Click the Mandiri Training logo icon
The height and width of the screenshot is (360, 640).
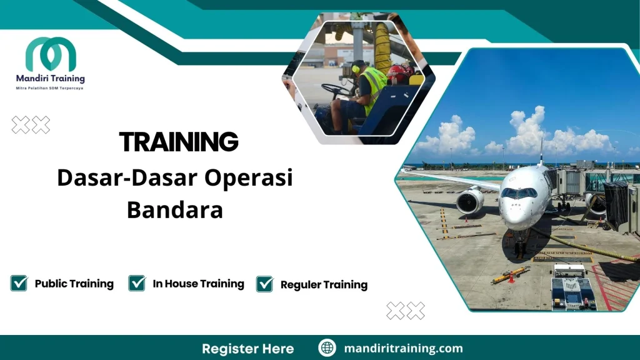51,55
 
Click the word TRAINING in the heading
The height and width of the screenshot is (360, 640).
179,142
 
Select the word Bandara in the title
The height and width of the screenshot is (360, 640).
175,210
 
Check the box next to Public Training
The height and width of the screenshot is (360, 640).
19,283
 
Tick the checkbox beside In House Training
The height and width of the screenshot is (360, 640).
137,283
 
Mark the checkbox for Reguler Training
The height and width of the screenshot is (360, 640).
265,284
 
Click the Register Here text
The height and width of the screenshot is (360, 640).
247,348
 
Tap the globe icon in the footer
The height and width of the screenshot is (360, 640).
327,348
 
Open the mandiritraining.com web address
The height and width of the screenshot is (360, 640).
403,348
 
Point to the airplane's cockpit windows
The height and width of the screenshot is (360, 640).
518,193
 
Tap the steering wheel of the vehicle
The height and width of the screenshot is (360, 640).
337,90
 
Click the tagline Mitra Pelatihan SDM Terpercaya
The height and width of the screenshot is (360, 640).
49,88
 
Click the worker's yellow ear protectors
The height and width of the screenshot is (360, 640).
356,68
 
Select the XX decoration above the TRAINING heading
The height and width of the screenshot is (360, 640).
31,125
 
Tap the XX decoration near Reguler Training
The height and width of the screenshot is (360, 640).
406,311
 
